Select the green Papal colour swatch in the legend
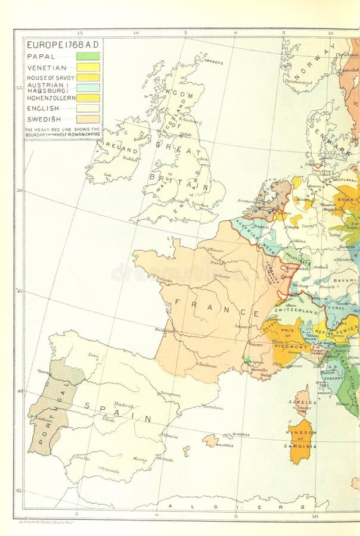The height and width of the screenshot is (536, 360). pos(88,56)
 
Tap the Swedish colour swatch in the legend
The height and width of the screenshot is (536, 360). pos(88,119)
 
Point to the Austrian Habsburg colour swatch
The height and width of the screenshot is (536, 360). pos(88,87)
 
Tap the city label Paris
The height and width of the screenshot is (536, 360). pos(217,262)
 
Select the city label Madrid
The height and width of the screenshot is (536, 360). pos(123,405)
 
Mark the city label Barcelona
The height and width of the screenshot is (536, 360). pos(212,408)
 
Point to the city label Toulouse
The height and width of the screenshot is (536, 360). pos(207,365)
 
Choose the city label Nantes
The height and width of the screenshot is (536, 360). pos(166,280)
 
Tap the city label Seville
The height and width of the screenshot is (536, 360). pos(82,459)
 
